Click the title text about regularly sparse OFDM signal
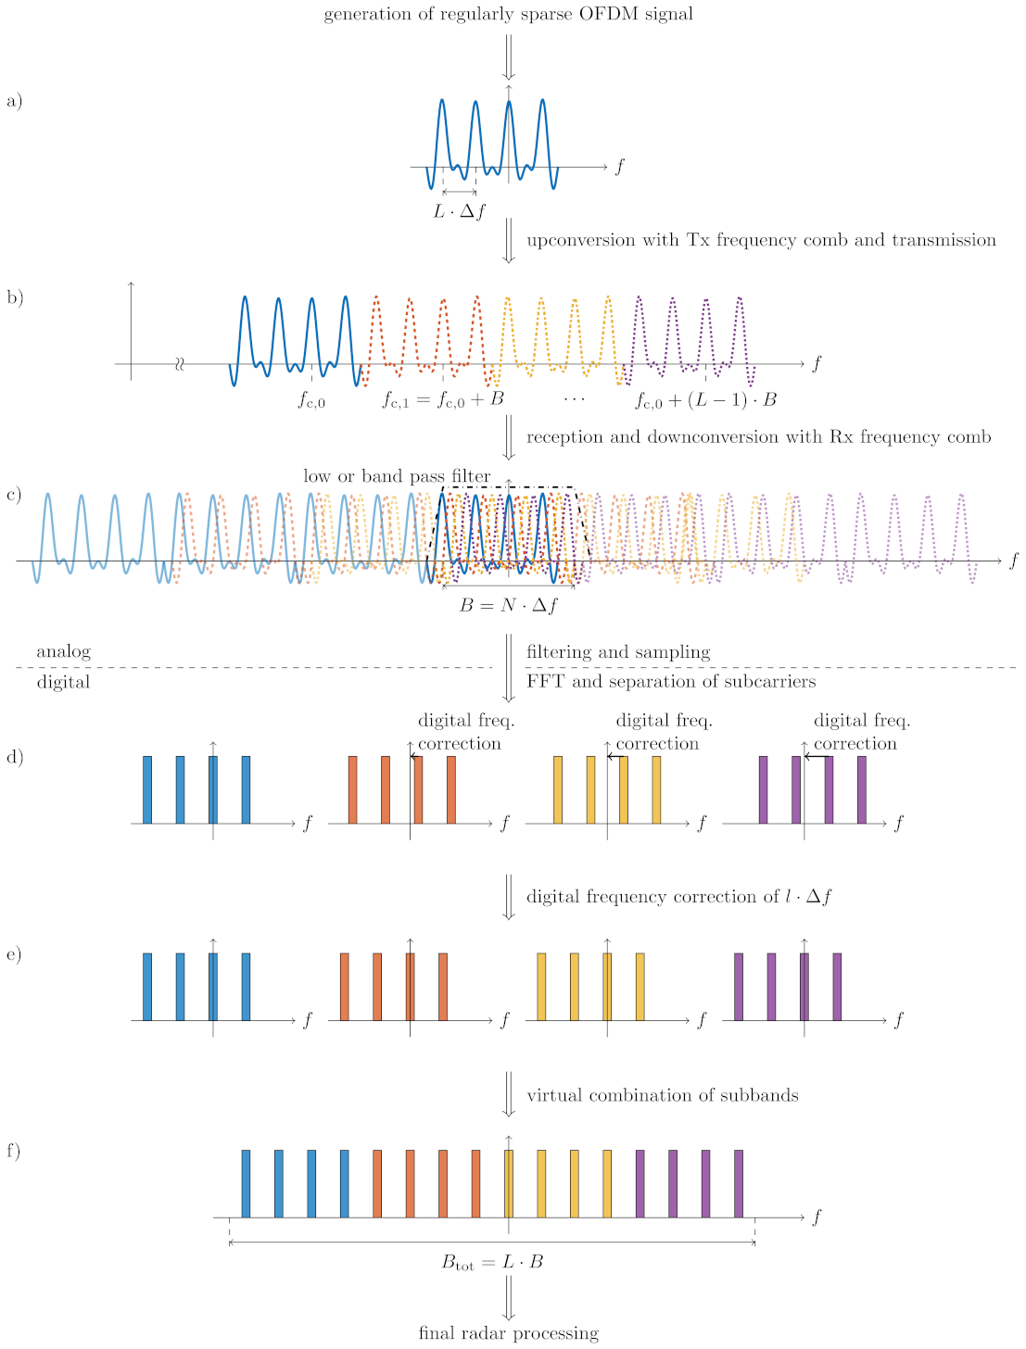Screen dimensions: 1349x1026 508,14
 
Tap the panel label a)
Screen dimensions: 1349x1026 14,101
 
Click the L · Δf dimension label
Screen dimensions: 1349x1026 460,211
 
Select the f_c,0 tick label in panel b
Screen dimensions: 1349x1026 311,400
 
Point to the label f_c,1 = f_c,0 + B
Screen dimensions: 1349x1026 443,400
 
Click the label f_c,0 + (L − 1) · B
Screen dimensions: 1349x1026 705,400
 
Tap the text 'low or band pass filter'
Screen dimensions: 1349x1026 397,476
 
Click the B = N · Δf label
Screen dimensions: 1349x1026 509,606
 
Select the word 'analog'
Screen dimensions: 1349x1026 64,651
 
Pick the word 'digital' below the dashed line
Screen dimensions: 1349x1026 64,682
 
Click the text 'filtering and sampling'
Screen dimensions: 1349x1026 618,651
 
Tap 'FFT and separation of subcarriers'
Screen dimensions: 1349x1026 671,682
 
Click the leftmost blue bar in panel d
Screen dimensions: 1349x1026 147,789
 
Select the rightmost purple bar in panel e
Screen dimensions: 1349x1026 837,987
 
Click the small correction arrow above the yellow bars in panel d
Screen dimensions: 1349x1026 614,757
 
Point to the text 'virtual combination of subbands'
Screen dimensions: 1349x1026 662,1095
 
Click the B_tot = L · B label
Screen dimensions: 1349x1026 492,1262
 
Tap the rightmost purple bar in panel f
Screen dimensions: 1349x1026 739,1183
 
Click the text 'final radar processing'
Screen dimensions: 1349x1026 508,1333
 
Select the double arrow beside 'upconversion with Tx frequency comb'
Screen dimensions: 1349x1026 508,240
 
